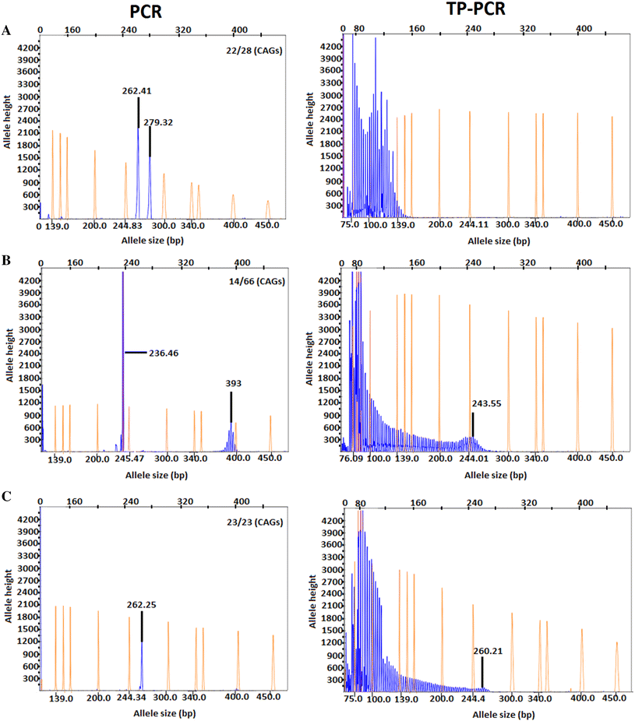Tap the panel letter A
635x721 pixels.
tap(7, 30)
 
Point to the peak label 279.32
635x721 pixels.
tap(164, 121)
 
